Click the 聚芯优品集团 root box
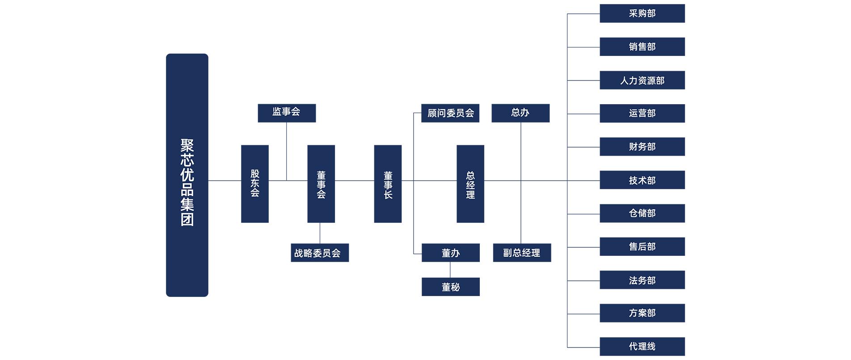pos(187,175)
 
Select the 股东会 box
pos(255,184)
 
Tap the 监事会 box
pos(287,113)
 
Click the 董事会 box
pos(321,184)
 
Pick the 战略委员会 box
pos(320,253)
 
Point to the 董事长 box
pos(388,184)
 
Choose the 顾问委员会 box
pos(450,113)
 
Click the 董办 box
pos(451,253)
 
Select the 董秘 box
pos(451,287)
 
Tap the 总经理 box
pos(470,184)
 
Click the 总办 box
pos(521,113)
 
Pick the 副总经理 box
pos(522,253)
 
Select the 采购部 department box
pos(642,13)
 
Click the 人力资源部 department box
pos(642,80)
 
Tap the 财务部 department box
pos(642,147)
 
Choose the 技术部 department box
pos(642,180)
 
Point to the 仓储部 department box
pos(642,213)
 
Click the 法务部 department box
pos(642,280)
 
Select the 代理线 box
pos(642,347)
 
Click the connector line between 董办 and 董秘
pos(450,270)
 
